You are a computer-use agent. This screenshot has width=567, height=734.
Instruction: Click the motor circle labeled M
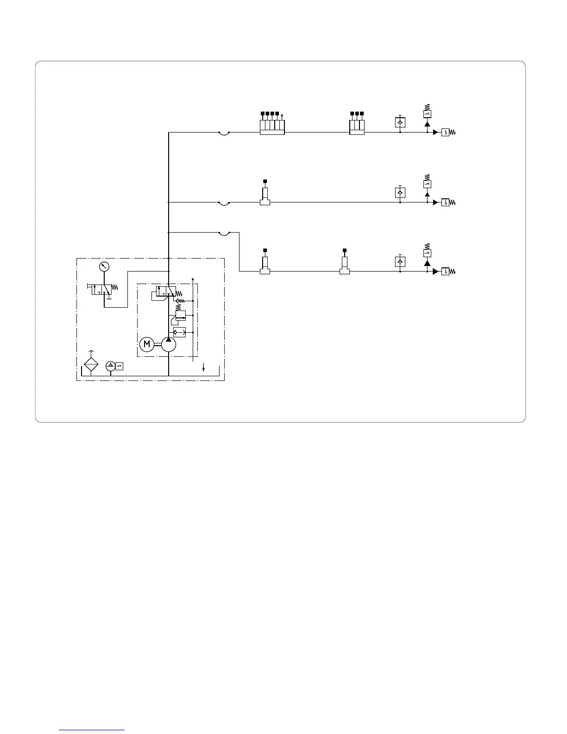point(146,344)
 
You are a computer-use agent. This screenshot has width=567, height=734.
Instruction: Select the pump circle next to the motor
point(169,344)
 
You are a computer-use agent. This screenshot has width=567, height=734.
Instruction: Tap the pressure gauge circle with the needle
point(104,266)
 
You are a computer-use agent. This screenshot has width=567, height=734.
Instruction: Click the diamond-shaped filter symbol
point(91,365)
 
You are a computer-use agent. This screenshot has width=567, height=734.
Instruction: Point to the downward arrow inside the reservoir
point(204,367)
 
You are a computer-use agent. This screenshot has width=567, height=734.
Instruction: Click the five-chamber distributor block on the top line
point(272,127)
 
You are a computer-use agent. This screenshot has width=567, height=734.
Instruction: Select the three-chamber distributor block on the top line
point(357,127)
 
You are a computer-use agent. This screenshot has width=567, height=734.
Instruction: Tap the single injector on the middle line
point(265,196)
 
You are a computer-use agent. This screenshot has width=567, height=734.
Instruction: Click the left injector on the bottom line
point(265,266)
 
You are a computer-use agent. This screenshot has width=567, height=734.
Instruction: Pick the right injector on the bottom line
point(344,266)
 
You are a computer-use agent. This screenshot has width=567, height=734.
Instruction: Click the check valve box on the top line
point(400,122)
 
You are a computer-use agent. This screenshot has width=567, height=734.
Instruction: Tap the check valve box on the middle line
point(400,192)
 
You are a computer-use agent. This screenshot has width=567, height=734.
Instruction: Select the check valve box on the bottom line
point(400,261)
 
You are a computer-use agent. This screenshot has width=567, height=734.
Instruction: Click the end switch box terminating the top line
point(445,133)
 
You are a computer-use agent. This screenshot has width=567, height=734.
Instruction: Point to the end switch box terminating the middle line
point(445,202)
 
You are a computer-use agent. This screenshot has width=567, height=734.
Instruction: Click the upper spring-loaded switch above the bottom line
point(427,253)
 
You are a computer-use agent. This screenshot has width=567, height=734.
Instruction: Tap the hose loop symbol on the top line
point(224,133)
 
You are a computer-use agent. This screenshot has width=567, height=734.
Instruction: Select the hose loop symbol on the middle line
point(224,203)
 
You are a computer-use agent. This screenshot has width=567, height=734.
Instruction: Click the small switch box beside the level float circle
point(120,366)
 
